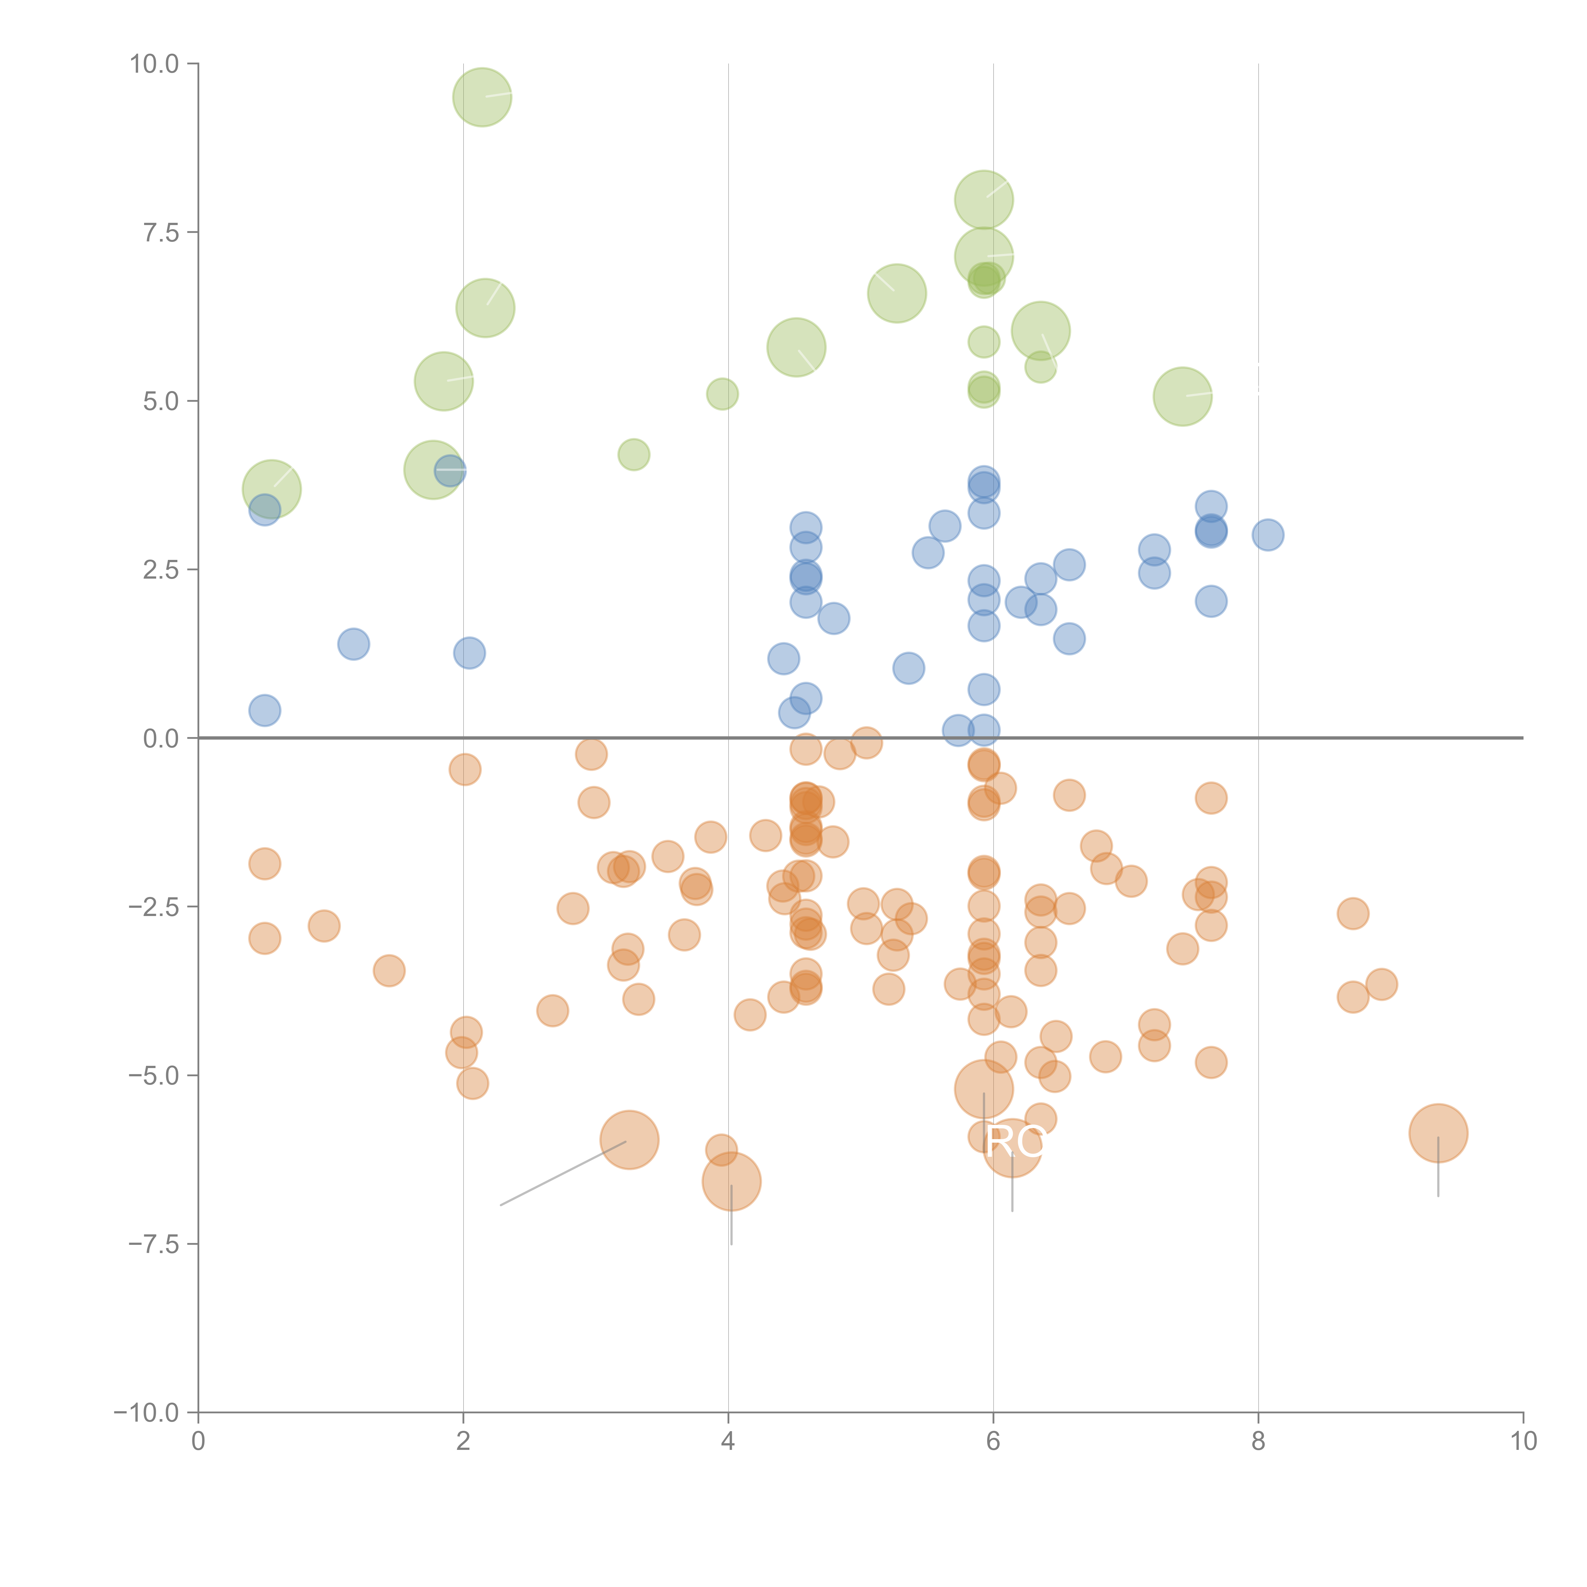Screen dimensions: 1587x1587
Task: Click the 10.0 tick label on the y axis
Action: [x=155, y=64]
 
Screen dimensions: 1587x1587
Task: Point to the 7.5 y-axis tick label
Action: [x=161, y=232]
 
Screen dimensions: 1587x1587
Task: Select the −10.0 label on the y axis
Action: [x=146, y=1413]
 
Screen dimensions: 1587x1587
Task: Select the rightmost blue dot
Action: [x=1268, y=535]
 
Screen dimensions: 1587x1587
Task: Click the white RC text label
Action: [x=1015, y=1142]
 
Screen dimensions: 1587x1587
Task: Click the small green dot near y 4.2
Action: [x=633, y=454]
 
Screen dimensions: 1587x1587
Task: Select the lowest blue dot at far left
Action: [x=264, y=711]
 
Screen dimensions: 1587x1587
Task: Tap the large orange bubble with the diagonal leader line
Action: [x=629, y=1140]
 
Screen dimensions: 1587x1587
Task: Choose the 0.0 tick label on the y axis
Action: [x=161, y=739]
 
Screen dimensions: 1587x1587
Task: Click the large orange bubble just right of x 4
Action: [x=731, y=1181]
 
